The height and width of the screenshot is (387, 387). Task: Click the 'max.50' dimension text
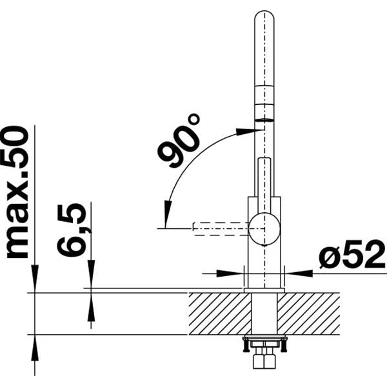coord(18,192)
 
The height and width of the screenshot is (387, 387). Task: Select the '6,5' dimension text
coord(72,230)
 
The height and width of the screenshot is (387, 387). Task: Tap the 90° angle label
coord(179,141)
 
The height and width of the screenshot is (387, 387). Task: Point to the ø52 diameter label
coord(351,257)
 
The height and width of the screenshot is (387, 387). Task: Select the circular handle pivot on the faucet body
coord(264,228)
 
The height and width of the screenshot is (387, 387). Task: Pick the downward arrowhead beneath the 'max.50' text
coord(34,277)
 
